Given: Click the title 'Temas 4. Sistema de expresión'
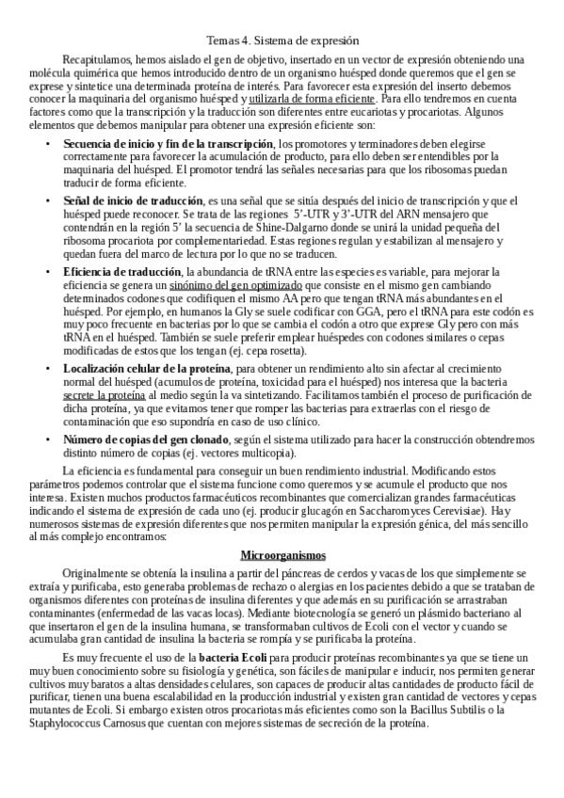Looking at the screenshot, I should (282, 40).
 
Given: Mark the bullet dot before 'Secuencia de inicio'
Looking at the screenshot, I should (49, 142).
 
